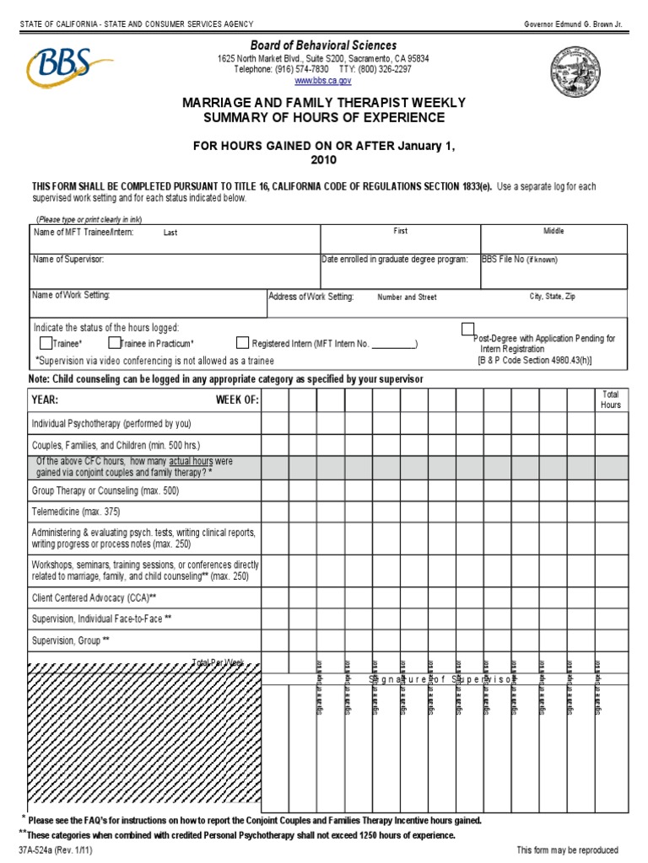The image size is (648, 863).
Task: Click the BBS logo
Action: click(x=69, y=67)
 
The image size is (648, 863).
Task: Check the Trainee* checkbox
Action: click(x=46, y=343)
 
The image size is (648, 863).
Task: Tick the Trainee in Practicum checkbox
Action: click(x=114, y=343)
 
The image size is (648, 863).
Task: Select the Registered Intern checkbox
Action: click(x=243, y=343)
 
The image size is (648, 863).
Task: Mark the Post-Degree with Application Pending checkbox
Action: click(x=467, y=329)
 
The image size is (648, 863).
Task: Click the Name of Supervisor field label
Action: click(x=68, y=260)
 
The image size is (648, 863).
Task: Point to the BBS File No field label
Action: click(x=519, y=260)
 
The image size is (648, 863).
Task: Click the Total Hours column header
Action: click(x=610, y=399)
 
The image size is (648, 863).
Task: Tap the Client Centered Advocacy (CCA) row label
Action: click(x=94, y=598)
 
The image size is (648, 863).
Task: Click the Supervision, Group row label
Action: click(x=71, y=641)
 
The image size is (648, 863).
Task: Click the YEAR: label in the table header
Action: click(x=46, y=399)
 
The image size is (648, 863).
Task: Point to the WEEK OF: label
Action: click(x=237, y=399)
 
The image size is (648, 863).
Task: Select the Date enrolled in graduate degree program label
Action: click(x=395, y=260)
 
